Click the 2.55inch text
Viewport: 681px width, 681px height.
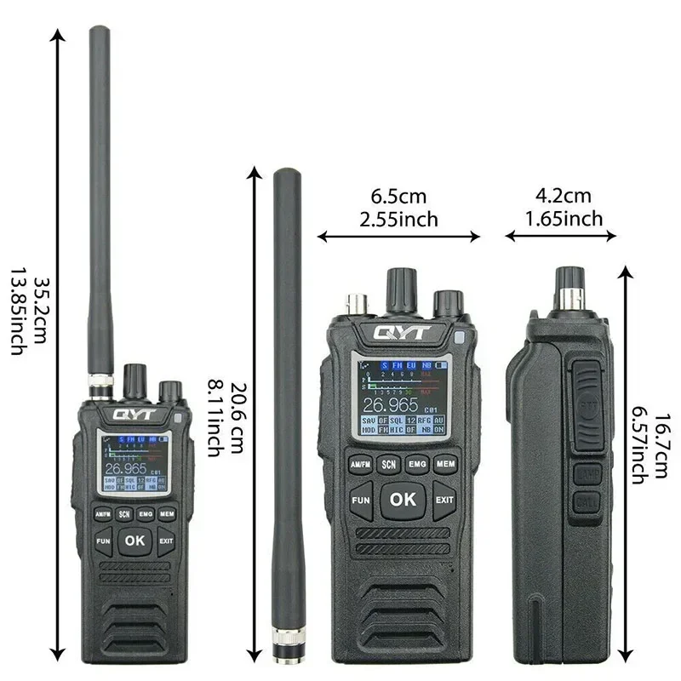pyautogui.click(x=398, y=220)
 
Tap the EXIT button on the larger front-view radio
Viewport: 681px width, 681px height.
pyautogui.click(x=445, y=500)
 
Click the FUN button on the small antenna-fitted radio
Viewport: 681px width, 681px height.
pyautogui.click(x=104, y=541)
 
